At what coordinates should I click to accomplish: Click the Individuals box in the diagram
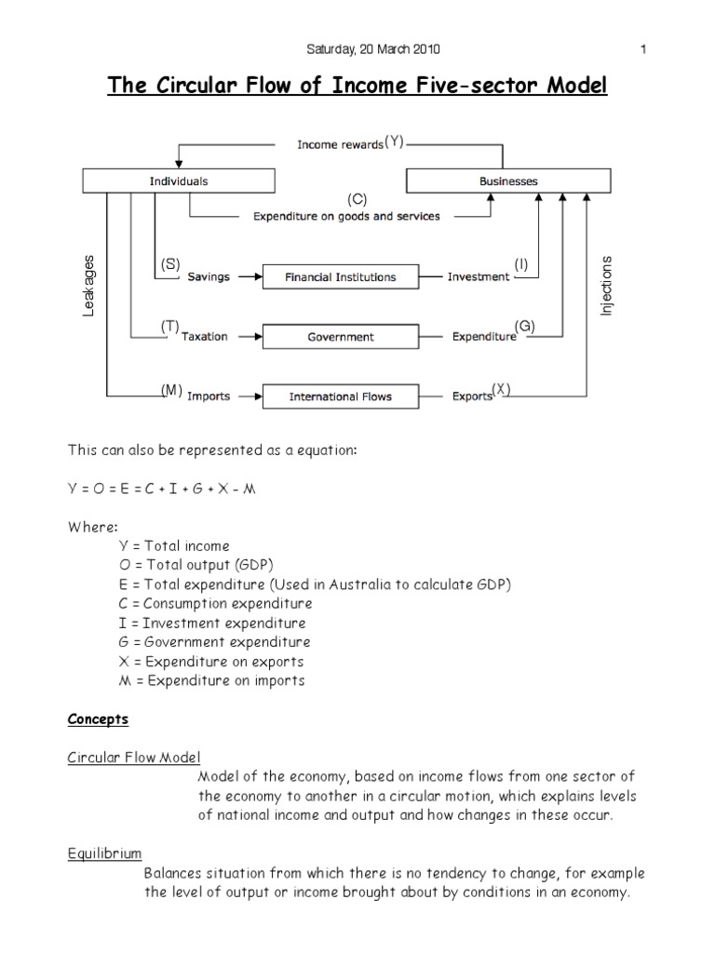(x=179, y=181)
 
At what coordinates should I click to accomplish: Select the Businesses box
(x=508, y=181)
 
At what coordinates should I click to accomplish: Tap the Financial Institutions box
(x=340, y=276)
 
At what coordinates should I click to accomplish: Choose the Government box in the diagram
(x=340, y=337)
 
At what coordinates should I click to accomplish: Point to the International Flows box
(x=340, y=396)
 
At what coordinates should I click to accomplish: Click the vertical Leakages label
(x=89, y=286)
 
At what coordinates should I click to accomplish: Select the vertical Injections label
(x=607, y=285)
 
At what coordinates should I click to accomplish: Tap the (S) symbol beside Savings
(x=169, y=264)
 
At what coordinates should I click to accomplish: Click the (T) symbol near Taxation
(x=169, y=325)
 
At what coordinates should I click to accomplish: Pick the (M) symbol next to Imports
(x=169, y=391)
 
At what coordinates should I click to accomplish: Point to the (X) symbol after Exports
(x=502, y=391)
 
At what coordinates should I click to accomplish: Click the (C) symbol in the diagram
(x=357, y=199)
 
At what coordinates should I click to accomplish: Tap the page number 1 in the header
(x=643, y=49)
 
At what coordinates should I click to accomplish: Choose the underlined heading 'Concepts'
(x=98, y=719)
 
